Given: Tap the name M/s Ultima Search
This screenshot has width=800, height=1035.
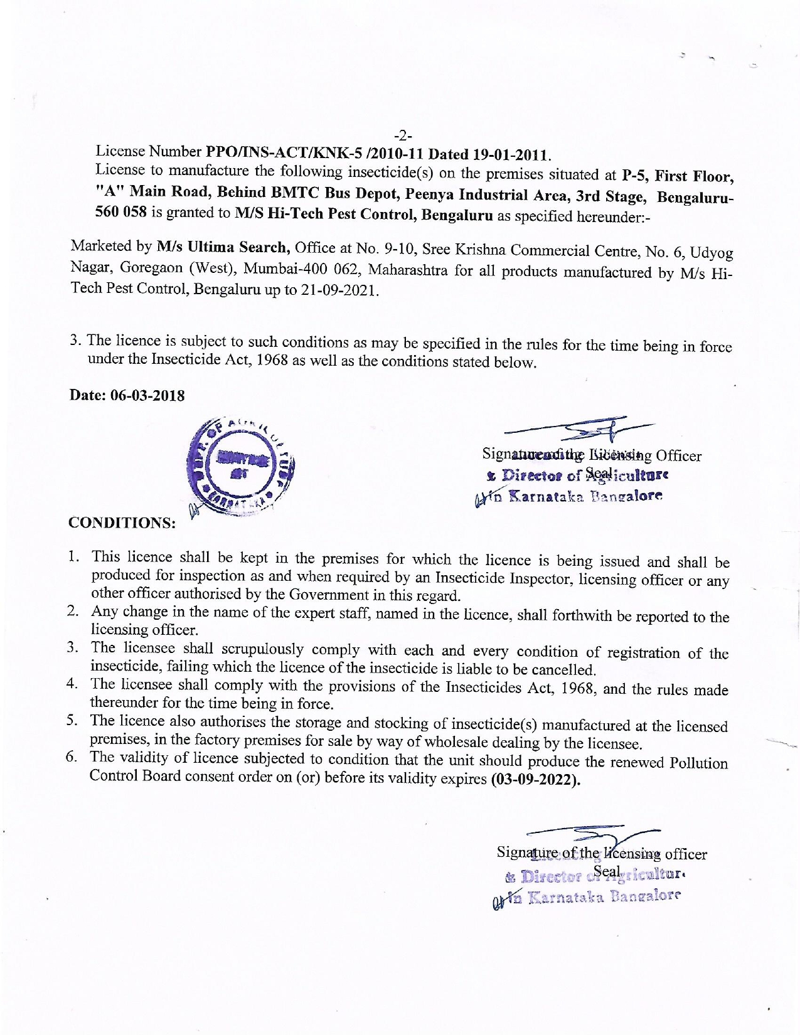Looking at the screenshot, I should pyautogui.click(x=223, y=247).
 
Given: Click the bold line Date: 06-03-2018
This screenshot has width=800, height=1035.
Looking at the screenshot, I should pyautogui.click(x=127, y=395).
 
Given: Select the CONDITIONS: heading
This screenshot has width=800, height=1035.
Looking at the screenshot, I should pyautogui.click(x=122, y=523).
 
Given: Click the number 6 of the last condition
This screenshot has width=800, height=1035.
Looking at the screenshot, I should pyautogui.click(x=72, y=756).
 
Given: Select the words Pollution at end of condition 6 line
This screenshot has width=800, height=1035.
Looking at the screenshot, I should pyautogui.click(x=698, y=763).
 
